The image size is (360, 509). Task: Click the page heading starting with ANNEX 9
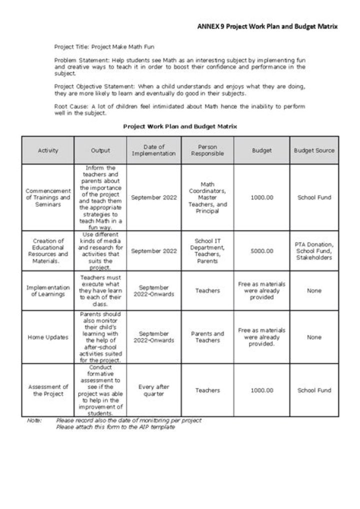pos(267,25)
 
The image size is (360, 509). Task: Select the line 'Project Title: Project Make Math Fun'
pos(104,46)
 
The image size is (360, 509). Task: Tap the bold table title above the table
pos(180,126)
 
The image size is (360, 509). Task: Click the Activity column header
pos(48,150)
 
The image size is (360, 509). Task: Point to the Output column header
pos(100,150)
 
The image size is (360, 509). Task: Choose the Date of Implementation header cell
pos(154,150)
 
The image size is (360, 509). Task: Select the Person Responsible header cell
pos(207,150)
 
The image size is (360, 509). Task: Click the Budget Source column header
pos(314,150)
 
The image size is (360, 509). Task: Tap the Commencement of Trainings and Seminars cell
pos(48,197)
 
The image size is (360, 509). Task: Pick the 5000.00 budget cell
pos(262,251)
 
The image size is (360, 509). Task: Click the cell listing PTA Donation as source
pos(314,251)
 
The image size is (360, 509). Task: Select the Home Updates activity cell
pos(48,337)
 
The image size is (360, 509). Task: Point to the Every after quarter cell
pos(154,390)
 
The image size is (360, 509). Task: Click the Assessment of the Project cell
pos(48,390)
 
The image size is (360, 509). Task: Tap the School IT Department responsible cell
pos(207,251)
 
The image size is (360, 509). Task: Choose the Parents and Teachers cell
pos(207,337)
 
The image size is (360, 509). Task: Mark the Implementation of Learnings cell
pos(48,290)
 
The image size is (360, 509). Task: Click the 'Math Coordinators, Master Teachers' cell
pos(207,197)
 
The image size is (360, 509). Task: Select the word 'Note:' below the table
pos(34,420)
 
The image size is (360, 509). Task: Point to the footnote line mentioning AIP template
pos(115,427)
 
